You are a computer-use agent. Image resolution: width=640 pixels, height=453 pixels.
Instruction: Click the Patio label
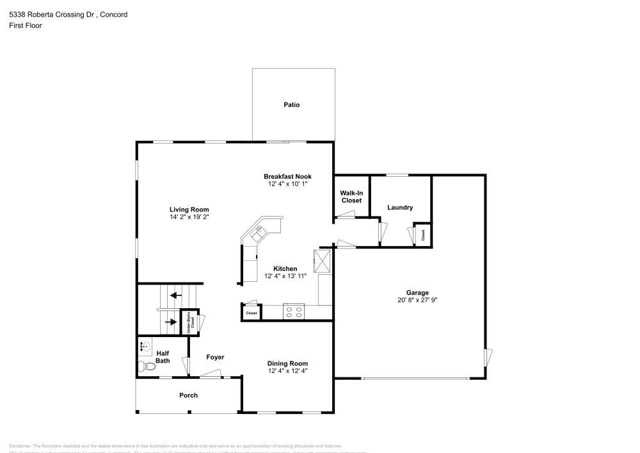tap(292, 104)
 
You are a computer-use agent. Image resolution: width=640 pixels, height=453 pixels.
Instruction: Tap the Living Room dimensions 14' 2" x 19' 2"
tap(189, 217)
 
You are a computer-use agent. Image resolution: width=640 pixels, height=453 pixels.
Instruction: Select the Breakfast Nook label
tap(288, 176)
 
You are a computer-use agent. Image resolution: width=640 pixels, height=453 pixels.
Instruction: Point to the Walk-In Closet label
tap(351, 197)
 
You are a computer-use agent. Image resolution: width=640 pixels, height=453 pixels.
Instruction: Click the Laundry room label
tap(400, 208)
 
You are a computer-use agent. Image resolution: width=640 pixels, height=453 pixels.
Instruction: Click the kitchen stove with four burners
tap(294, 312)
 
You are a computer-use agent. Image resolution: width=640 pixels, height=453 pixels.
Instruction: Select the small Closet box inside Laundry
tap(423, 235)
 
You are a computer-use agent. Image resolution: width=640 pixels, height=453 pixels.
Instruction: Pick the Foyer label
tap(215, 357)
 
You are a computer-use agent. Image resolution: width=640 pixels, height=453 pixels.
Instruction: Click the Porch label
tap(188, 395)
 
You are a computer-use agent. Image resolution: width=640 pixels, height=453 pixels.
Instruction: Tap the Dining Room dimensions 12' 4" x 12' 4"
tap(287, 370)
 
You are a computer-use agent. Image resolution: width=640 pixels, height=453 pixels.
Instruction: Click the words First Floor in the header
tap(26, 26)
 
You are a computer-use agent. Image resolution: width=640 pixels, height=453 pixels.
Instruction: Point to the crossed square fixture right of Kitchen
tap(321, 260)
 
